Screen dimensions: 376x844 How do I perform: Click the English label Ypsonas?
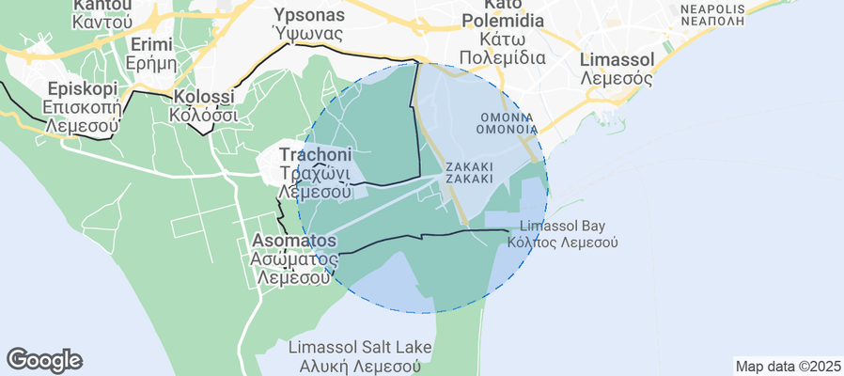tap(308, 15)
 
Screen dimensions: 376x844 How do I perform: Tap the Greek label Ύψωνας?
tap(307, 34)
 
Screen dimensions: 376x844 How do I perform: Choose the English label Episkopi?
tap(82, 88)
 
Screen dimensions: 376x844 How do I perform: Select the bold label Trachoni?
tap(315, 154)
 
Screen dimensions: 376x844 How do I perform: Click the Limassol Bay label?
tap(562, 226)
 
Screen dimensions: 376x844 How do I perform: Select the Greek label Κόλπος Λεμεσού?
tap(562, 242)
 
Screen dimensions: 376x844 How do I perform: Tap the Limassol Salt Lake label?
tap(360, 348)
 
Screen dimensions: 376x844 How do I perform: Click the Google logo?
tap(44, 359)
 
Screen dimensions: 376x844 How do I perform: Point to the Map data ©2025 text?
tap(788, 366)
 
